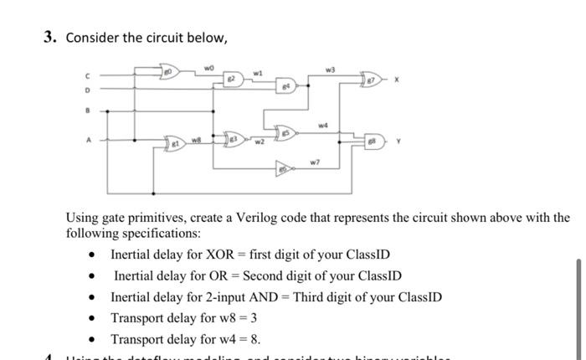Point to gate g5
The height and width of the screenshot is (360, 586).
285,131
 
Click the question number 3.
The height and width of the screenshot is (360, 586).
49,38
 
